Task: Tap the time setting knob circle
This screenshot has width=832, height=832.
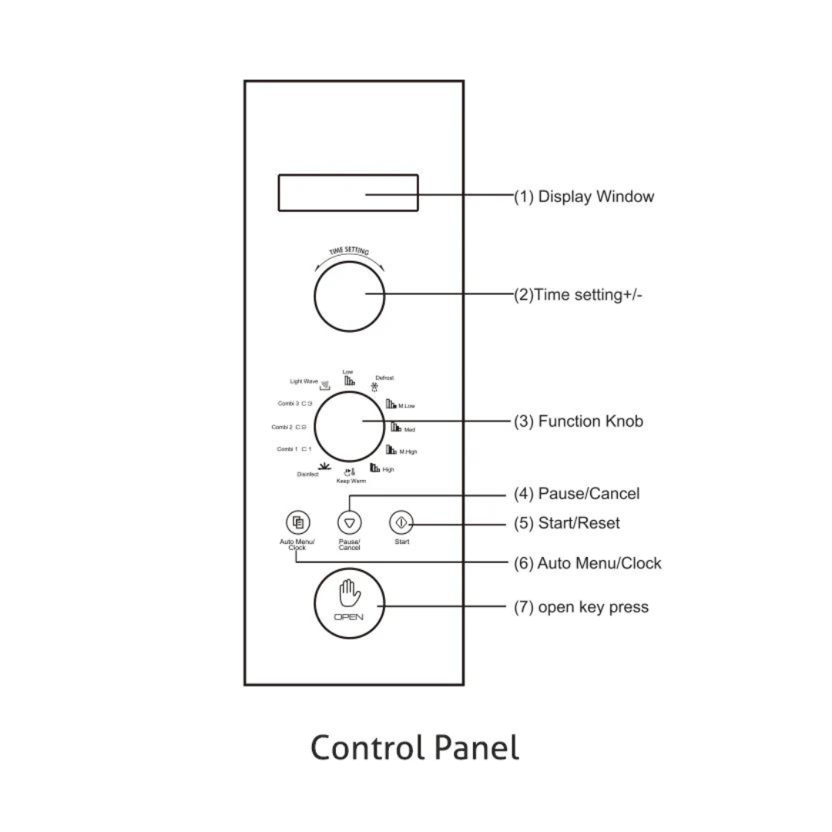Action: tap(349, 294)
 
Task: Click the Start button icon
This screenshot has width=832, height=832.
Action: tap(401, 522)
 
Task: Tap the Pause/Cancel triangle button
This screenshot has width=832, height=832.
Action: tap(350, 523)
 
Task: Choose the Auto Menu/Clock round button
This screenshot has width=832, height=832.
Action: tap(297, 522)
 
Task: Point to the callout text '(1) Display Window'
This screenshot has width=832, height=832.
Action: tap(584, 196)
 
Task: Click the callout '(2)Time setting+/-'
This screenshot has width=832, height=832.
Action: tap(578, 294)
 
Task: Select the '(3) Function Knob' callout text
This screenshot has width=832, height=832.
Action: tap(578, 421)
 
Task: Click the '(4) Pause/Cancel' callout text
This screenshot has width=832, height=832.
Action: tap(576, 493)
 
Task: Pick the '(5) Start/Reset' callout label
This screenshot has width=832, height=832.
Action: tap(566, 523)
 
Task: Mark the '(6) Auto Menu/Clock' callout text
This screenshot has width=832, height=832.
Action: tap(587, 563)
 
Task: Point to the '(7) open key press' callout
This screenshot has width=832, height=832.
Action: tap(581, 607)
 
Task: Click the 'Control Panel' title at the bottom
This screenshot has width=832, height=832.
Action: tap(414, 747)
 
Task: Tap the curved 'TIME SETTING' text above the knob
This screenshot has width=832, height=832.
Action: tap(349, 252)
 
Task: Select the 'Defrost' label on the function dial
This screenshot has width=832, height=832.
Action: tap(384, 378)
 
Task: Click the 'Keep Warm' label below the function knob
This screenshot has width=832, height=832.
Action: tap(351, 481)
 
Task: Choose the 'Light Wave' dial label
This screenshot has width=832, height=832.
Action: tap(304, 381)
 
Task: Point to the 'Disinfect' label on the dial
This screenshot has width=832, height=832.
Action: tap(308, 475)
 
